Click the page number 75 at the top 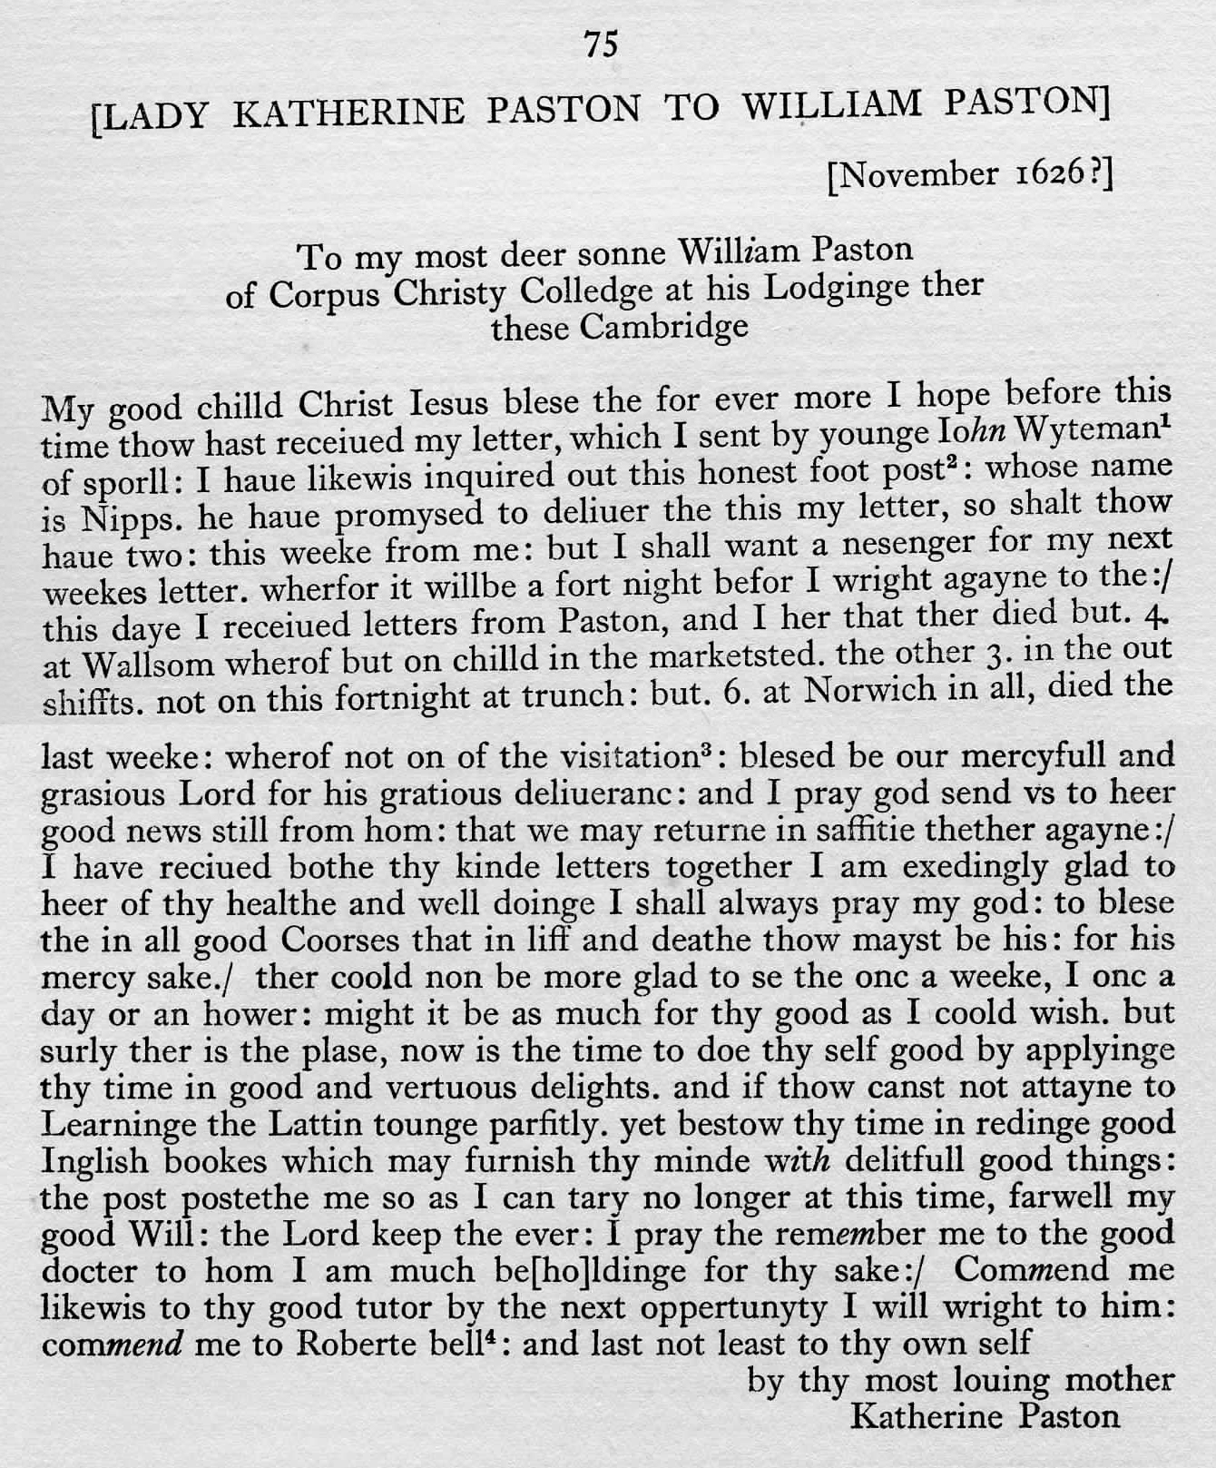(x=602, y=44)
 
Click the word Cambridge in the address (x=664, y=326)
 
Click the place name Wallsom (x=148, y=664)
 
